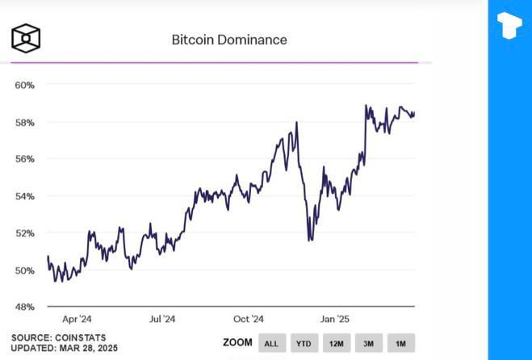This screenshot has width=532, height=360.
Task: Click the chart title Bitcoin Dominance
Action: [228, 39]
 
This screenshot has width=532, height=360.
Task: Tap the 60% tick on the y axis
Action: [24, 85]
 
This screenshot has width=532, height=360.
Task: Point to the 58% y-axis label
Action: [24, 122]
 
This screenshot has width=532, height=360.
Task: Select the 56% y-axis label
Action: [24, 159]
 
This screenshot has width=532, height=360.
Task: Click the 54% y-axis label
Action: [24, 196]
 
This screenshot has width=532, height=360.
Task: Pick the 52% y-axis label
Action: [24, 233]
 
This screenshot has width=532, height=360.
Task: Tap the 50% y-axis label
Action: [24, 270]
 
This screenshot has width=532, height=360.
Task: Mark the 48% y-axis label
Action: [24, 308]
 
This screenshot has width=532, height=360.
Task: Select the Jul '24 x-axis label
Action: [161, 320]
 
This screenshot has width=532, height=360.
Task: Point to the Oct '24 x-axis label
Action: [248, 320]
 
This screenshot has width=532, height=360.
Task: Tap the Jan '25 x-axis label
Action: [333, 320]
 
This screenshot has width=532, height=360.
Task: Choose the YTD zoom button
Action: [304, 344]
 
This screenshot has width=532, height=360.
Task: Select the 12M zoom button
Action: [336, 344]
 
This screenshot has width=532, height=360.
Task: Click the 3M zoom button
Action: [368, 344]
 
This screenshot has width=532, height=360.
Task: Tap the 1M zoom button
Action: [400, 344]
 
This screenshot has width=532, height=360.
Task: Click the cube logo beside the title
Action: [26, 37]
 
